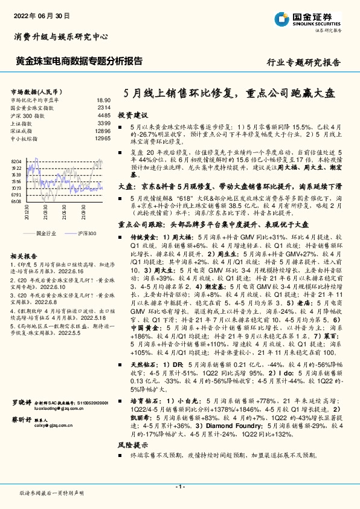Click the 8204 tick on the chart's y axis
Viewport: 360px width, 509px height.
coord(16,161)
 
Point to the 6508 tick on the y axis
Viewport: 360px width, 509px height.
coord(16,201)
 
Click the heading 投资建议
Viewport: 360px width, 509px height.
coord(132,114)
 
